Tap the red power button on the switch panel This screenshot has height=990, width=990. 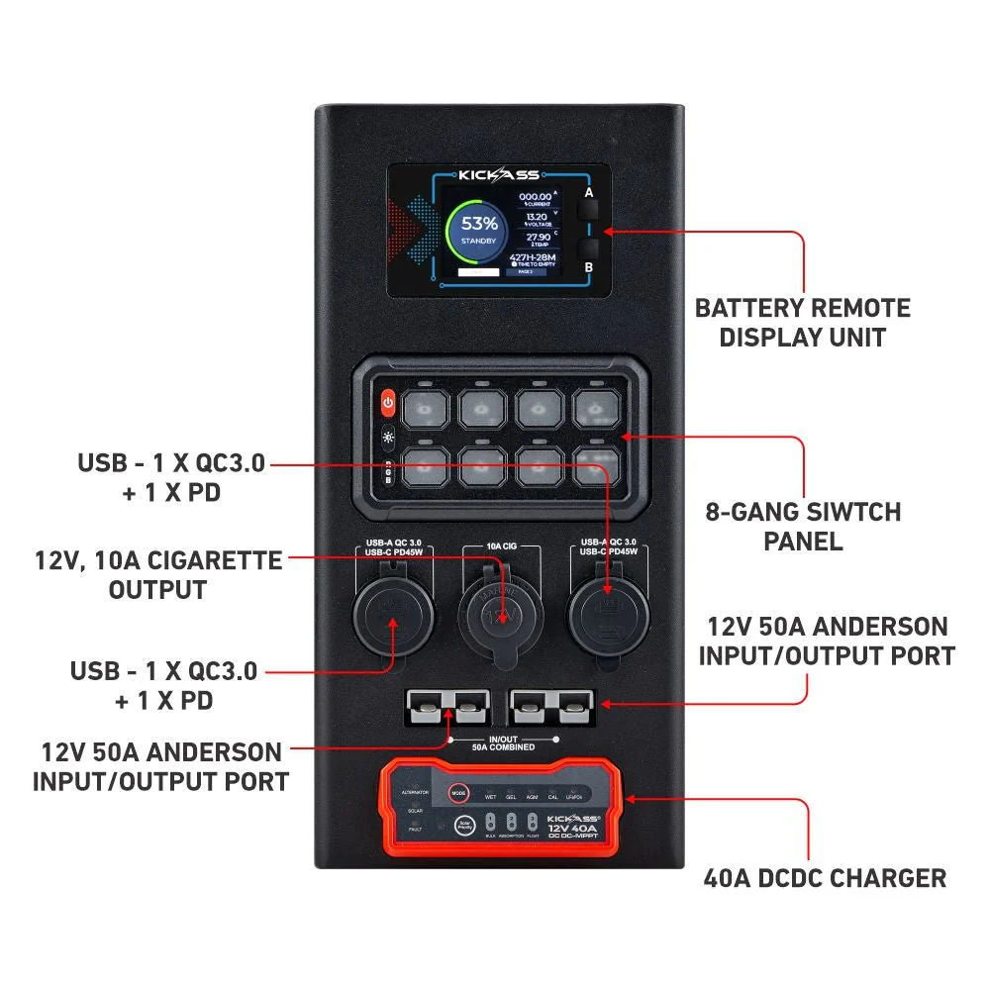(x=388, y=403)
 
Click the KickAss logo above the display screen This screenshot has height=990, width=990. (x=499, y=174)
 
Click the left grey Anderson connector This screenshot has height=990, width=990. (x=445, y=709)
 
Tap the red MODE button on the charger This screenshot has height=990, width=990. (x=457, y=793)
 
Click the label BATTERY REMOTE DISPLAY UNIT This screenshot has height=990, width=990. (x=802, y=322)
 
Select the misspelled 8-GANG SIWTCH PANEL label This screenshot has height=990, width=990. (x=803, y=527)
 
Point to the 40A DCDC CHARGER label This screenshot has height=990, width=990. (x=825, y=877)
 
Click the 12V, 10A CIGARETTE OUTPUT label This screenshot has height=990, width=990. (x=157, y=575)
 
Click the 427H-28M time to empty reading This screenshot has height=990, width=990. (x=533, y=259)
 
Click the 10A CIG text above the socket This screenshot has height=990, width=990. (x=499, y=545)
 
